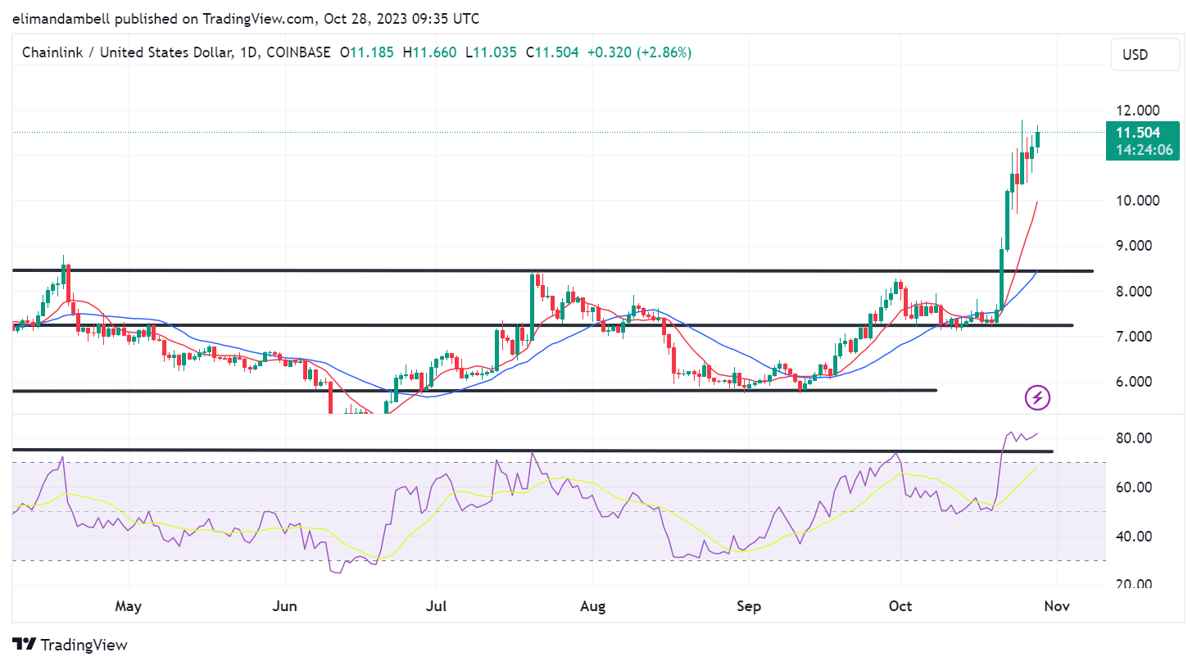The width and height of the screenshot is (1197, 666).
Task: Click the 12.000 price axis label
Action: click(1137, 111)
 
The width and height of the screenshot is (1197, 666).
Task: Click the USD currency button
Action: click(1144, 55)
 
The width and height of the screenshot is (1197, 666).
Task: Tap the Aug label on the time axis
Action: click(592, 606)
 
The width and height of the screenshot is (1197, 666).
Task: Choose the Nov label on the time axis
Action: click(1057, 606)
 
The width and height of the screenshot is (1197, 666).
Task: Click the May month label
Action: click(128, 606)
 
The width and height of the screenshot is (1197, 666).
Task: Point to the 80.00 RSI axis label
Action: click(1134, 438)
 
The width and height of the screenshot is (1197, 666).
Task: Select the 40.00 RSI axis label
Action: click(1134, 537)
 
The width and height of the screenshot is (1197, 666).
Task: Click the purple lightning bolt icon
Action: click(1037, 398)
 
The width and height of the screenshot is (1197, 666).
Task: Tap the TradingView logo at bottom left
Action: click(70, 645)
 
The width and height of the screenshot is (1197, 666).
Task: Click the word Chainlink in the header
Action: click(52, 52)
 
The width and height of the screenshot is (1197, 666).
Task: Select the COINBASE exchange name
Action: click(298, 52)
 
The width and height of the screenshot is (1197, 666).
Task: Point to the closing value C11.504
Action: click(552, 52)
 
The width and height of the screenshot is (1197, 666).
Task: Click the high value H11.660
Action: click(429, 52)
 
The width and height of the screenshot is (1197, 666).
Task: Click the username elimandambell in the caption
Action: click(61, 19)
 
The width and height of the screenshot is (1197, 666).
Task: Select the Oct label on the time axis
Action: click(900, 606)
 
